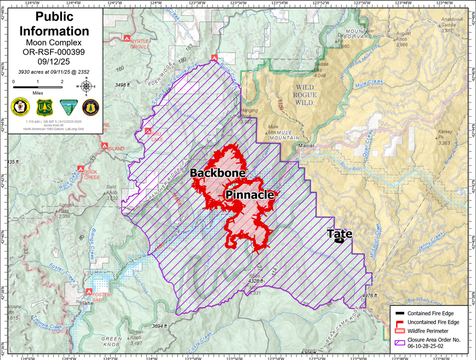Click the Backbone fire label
tap(218, 173)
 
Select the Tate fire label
tap(339, 234)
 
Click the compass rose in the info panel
tap(87, 86)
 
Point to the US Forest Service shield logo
tap(44, 108)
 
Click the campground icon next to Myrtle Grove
tap(127, 38)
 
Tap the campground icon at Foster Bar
tap(89, 291)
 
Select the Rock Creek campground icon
tap(81, 169)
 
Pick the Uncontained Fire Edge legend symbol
tap(399, 323)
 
